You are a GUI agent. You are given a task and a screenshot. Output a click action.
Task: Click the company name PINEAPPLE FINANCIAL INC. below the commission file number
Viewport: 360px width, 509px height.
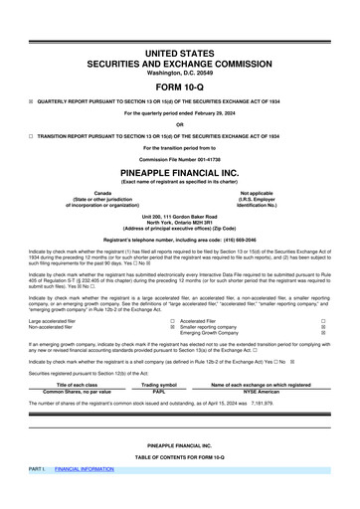point(181,170)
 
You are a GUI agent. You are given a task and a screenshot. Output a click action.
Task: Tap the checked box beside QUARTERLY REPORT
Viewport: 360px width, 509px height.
point(32,100)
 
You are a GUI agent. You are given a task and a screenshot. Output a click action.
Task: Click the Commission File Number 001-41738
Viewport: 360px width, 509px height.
point(181,158)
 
